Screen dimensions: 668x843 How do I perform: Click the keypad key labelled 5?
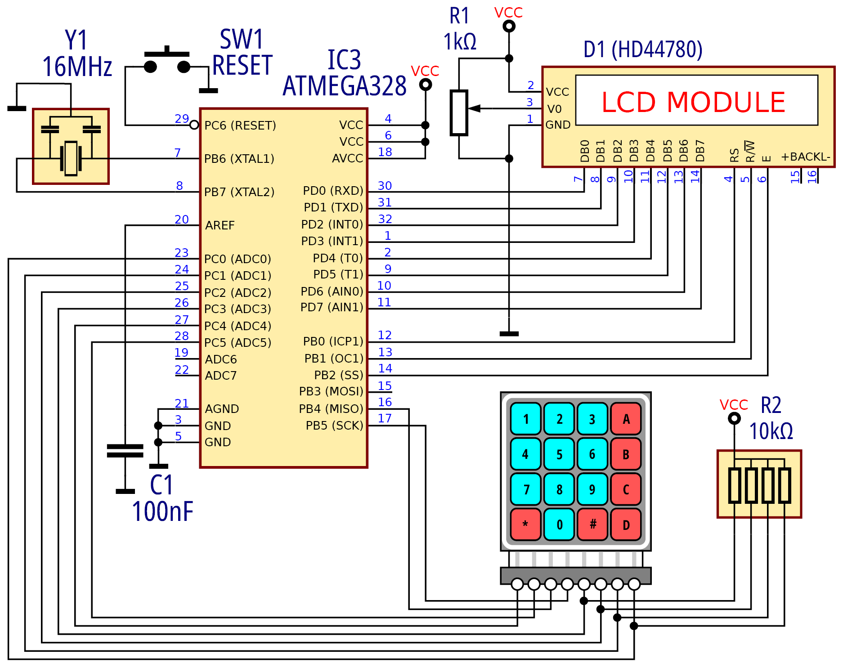pyautogui.click(x=559, y=454)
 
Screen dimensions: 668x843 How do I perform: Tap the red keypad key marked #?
pyautogui.click(x=592, y=524)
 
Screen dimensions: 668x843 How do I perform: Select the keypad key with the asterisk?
pyautogui.click(x=525, y=524)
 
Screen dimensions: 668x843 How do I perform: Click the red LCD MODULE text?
pyautogui.click(x=693, y=102)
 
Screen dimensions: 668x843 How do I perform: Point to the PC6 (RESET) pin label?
pyautogui.click(x=240, y=126)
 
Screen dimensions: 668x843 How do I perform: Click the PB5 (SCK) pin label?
pyautogui.click(x=334, y=426)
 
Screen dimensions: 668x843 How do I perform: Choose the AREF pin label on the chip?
pyautogui.click(x=220, y=225)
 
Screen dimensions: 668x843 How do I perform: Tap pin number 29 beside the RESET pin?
pyautogui.click(x=182, y=119)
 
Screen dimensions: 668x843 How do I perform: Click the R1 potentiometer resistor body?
pyautogui.click(x=459, y=112)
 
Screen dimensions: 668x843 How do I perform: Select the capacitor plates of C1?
pyautogui.click(x=125, y=451)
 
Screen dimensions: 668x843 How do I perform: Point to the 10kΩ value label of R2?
pyautogui.click(x=771, y=431)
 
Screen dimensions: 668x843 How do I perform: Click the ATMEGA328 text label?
pyautogui.click(x=345, y=86)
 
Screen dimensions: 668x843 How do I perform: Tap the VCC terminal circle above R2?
pyautogui.click(x=734, y=419)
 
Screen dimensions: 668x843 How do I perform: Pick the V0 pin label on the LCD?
pyautogui.click(x=554, y=109)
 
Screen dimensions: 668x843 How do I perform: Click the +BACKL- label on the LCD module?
pyautogui.click(x=805, y=157)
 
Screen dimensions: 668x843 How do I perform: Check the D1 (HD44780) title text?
pyautogui.click(x=643, y=49)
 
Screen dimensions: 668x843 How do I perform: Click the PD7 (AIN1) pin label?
pyautogui.click(x=332, y=307)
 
